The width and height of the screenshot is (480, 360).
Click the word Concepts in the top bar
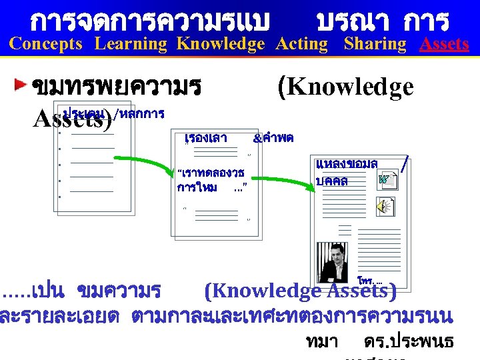tap(46, 44)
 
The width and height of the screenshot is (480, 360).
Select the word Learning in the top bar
tap(131, 44)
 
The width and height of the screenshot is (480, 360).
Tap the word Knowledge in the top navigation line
tap(221, 44)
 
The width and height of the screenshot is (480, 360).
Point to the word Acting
tap(302, 44)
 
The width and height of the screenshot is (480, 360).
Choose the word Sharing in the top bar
tap(375, 44)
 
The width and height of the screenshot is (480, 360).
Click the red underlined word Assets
tap(444, 44)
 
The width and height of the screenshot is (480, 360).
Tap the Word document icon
tap(385, 179)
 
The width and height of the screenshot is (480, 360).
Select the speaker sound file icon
tap(385, 207)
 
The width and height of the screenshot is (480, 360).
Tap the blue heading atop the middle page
tap(205, 138)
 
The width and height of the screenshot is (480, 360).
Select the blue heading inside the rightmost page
tap(346, 172)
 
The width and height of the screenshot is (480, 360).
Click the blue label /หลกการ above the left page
tap(139, 115)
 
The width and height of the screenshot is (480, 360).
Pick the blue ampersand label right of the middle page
tap(273, 138)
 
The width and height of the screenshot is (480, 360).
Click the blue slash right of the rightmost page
tap(405, 163)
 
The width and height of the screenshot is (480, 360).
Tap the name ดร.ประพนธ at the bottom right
tap(409, 341)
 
